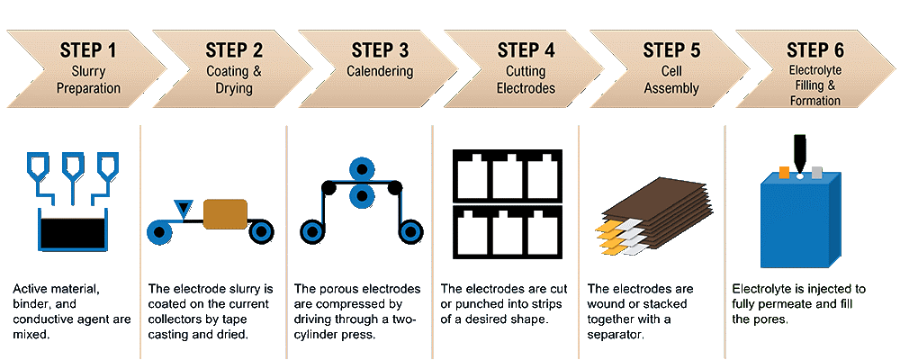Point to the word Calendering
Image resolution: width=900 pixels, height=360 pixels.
[380, 70]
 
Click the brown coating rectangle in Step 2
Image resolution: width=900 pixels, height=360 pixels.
[225, 213]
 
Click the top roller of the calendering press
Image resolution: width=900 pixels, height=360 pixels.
[363, 170]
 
